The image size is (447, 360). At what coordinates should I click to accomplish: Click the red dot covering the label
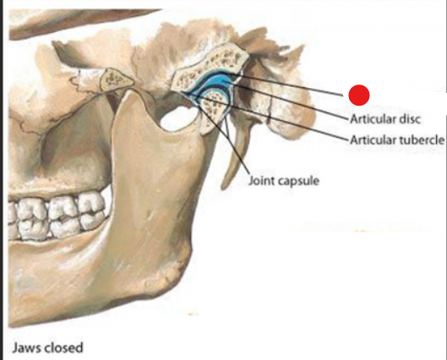pyautogui.click(x=359, y=95)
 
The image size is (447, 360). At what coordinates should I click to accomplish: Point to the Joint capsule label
pyautogui.click(x=284, y=181)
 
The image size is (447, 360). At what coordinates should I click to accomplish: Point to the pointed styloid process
pyautogui.click(x=234, y=160)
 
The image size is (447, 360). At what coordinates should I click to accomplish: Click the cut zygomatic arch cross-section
pyautogui.click(x=116, y=79)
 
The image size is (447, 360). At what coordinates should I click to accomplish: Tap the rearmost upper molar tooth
pyautogui.click(x=92, y=202)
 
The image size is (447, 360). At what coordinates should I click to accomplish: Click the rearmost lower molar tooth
pyautogui.click(x=92, y=220)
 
